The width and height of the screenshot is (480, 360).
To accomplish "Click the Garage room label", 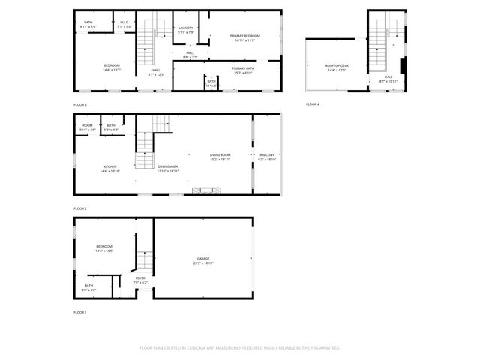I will pos(203,258).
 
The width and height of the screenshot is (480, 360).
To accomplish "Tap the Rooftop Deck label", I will pos(336,66).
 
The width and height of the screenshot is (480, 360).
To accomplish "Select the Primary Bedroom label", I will pos(244,36).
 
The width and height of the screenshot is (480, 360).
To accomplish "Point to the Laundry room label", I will pos(185,28).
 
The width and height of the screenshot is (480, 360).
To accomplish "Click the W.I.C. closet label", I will pos(125,22).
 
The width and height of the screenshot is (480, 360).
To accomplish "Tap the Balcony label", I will pos(267,155).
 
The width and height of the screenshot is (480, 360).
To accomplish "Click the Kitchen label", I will pos(110,166).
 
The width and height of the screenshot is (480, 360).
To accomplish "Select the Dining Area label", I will pos(168,166).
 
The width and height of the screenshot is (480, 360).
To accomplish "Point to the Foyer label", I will pos(140,277).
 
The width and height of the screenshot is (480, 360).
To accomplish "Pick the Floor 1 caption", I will pos(80,311).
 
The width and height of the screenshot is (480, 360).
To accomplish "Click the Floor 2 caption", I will pos(80,208).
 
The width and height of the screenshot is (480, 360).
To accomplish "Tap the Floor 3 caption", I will pos(80,103).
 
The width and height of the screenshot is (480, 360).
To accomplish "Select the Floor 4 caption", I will pos(313,103).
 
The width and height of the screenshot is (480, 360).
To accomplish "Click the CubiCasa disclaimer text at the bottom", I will pos(240,347).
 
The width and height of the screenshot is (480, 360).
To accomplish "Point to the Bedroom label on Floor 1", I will pos(104,247).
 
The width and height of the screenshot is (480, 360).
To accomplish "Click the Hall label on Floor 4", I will pos(388,76).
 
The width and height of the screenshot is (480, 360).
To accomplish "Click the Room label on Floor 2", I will pos(88,125).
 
